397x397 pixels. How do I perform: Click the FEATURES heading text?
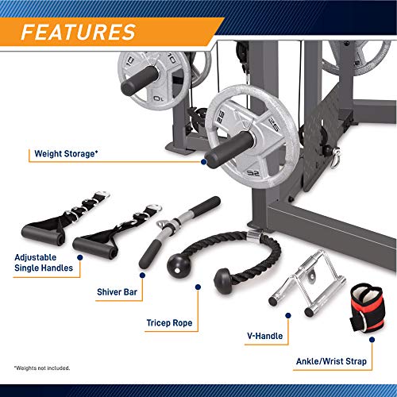pos(78,32)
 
